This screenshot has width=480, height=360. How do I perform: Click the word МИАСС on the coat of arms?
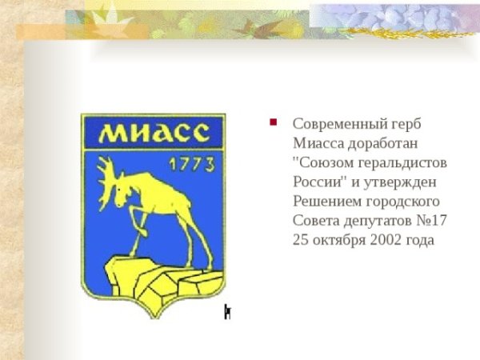coord(154,133)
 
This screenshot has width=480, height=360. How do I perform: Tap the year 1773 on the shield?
coord(192,165)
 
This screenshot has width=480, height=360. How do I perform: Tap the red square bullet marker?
coord(273,122)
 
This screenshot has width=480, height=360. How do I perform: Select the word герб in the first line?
coord(406,125)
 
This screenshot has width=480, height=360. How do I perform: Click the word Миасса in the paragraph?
coord(318,143)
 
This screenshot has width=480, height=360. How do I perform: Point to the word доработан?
coord(383,143)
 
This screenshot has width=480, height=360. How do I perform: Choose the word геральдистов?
coord(402,163)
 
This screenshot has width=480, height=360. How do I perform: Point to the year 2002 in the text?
coord(386,240)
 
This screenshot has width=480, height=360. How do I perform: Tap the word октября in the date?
coord(341,240)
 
